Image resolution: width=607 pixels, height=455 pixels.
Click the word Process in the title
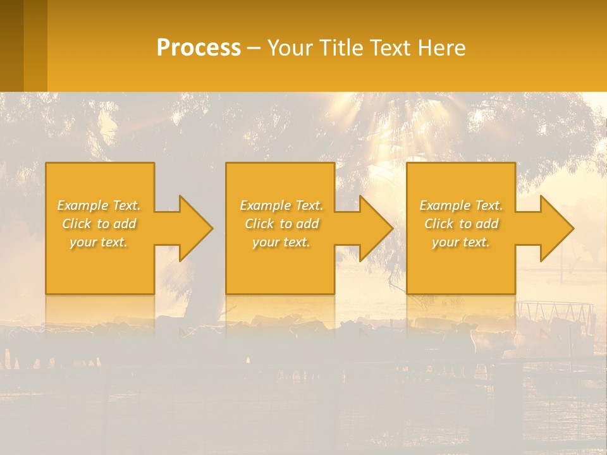(199, 48)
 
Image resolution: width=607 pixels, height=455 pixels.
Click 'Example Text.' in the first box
(99, 205)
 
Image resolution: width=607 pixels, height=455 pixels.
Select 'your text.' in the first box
(99, 242)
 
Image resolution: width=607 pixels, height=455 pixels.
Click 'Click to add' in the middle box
(281, 224)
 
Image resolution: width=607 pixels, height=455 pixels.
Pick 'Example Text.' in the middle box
(281, 205)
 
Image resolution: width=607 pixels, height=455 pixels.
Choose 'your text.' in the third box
(461, 242)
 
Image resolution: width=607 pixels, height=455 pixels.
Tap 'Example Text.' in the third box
(461, 205)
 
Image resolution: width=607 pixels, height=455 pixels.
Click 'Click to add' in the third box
(461, 224)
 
